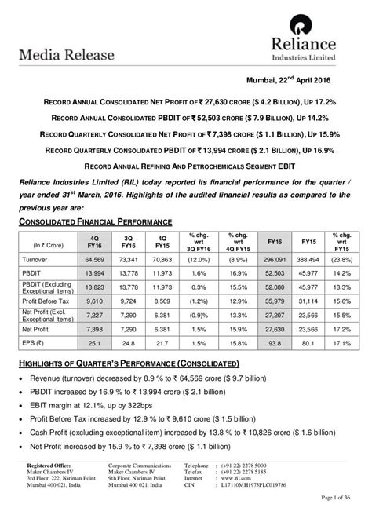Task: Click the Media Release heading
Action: point(64,55)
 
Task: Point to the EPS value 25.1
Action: point(94,342)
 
